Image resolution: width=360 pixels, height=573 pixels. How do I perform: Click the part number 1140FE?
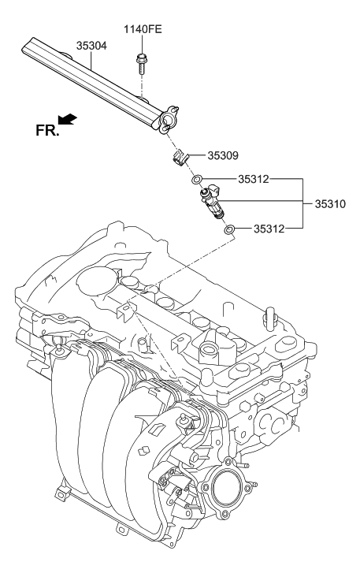click(x=142, y=31)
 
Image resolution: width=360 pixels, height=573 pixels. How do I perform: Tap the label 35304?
click(x=91, y=47)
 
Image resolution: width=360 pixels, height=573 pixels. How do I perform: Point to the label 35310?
click(x=331, y=203)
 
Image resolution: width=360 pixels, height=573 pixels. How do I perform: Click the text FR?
click(x=47, y=131)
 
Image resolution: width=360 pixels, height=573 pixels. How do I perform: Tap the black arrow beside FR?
click(x=69, y=118)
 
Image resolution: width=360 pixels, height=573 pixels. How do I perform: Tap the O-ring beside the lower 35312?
click(x=228, y=230)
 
